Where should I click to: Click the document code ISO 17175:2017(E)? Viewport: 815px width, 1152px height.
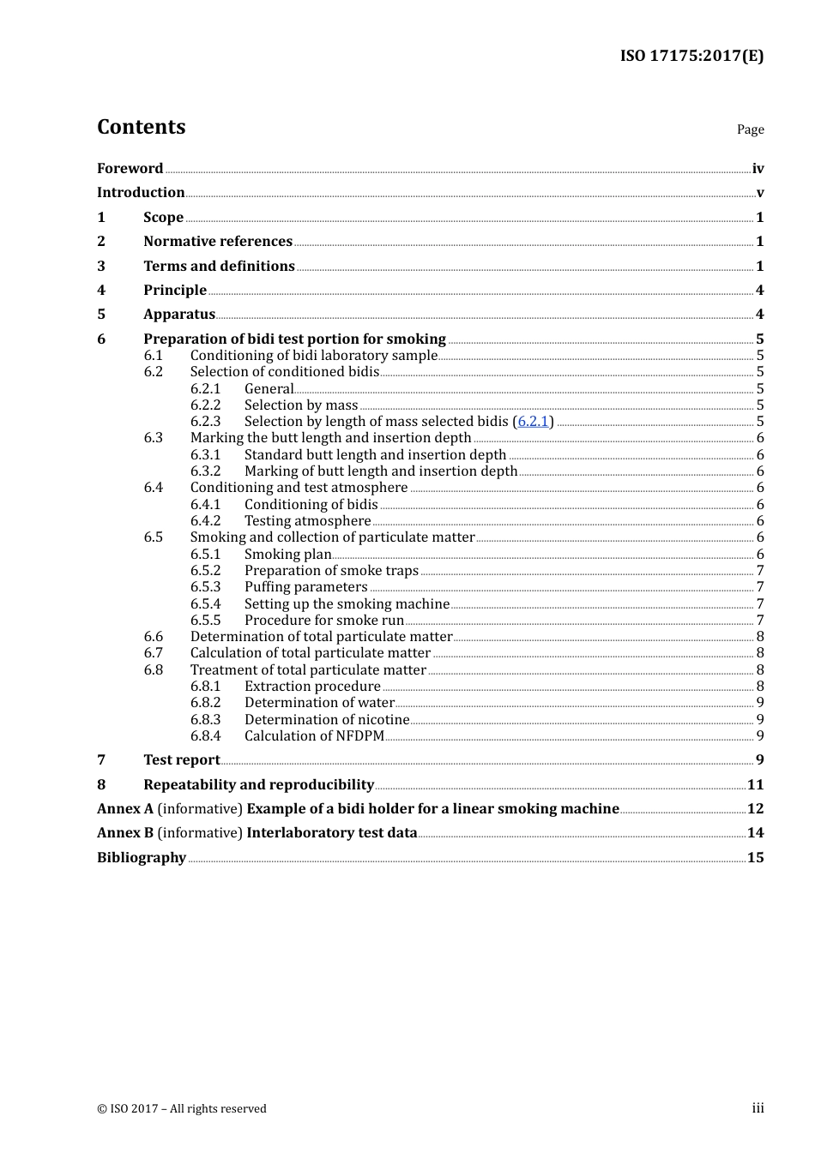coord(691,56)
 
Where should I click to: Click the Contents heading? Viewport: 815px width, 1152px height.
coord(141,127)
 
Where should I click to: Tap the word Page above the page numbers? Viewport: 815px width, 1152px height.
coord(750,129)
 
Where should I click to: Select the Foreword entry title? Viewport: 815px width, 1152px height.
coord(130,168)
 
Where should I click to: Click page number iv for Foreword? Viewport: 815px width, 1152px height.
coord(758,169)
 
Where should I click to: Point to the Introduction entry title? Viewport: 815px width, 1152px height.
coord(141,193)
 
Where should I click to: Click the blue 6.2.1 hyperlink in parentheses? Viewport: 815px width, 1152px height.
coord(533,422)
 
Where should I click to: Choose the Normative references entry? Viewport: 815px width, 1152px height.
coord(218,242)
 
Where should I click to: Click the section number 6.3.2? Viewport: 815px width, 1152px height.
coord(205,471)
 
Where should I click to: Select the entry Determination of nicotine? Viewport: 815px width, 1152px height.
coord(327,720)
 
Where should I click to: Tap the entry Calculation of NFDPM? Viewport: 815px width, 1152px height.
coord(314,736)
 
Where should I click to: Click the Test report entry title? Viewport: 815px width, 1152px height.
coord(182,760)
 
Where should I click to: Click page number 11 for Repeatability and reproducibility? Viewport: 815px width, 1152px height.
coord(755,785)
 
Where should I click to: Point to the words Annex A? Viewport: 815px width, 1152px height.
coord(125,809)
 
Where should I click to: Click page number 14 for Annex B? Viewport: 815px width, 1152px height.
coord(755,833)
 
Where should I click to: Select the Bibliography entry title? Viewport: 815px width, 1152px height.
coord(142,858)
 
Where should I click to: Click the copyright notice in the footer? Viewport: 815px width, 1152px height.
coord(182,1108)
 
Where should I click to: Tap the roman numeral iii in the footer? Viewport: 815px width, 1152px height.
coord(758,1108)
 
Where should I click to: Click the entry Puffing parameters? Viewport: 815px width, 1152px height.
coord(305,587)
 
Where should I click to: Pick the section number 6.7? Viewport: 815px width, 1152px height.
coord(154,653)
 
